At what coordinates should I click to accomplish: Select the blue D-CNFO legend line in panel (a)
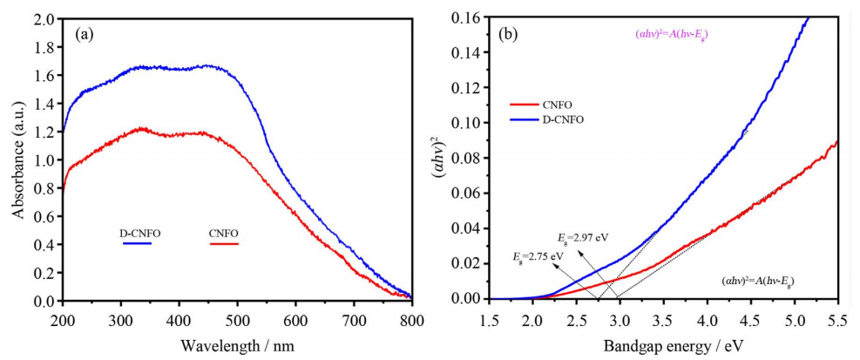pos(138,245)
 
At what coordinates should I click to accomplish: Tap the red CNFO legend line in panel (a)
pos(224,245)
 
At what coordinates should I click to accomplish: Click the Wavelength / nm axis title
pos(237,346)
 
